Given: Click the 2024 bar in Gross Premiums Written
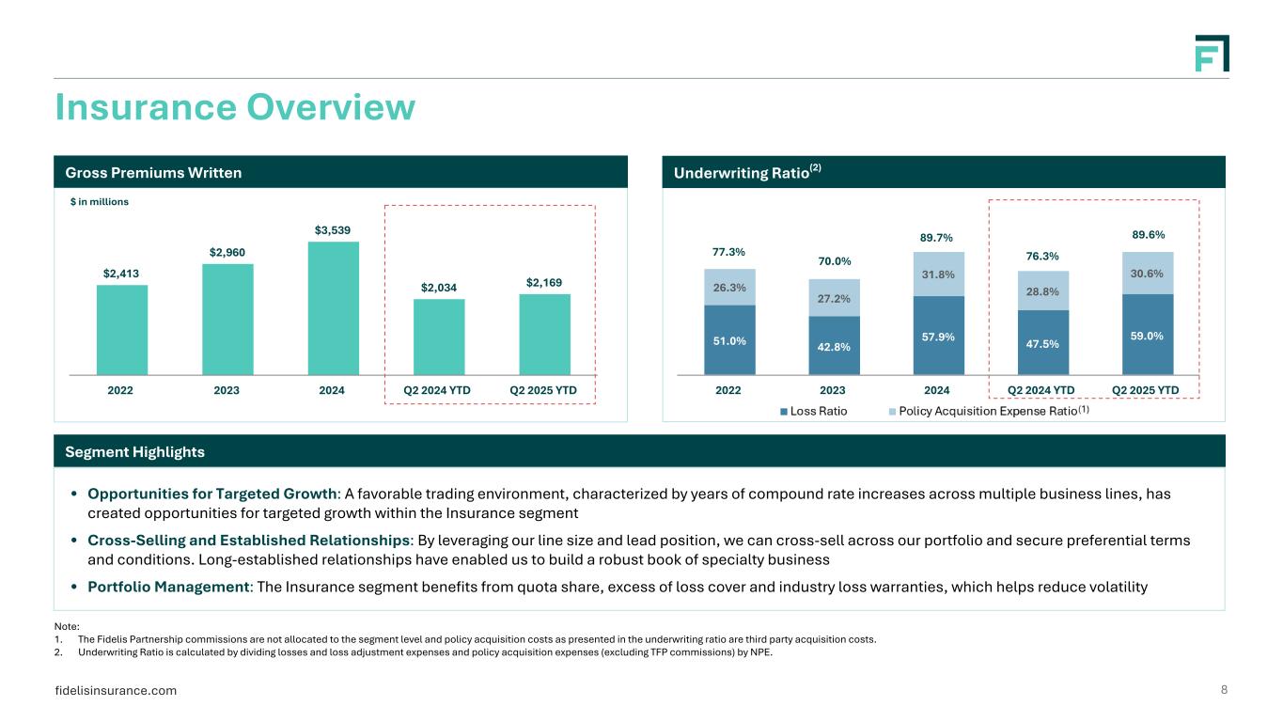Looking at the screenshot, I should tap(334, 308).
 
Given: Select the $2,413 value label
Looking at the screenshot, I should tap(122, 274).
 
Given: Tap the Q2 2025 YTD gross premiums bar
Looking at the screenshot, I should tap(545, 335).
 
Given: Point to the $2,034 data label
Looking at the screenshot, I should tap(439, 288).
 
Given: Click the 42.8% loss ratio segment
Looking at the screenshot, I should tap(833, 345).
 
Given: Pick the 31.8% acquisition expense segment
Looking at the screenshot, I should tap(937, 275).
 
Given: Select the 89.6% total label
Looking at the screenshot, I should tap(1147, 235).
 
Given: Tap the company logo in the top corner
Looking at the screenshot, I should tap(1212, 54).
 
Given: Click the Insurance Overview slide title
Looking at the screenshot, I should tap(235, 107).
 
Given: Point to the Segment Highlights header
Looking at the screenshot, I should tap(134, 452).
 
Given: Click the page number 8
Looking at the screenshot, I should tap(1224, 690).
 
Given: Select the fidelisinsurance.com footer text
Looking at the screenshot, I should tap(117, 691).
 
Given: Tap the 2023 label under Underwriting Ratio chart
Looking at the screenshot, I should tap(833, 390).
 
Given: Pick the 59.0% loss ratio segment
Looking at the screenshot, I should tap(1147, 334).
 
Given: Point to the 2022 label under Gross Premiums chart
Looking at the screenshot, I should tap(122, 390).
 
